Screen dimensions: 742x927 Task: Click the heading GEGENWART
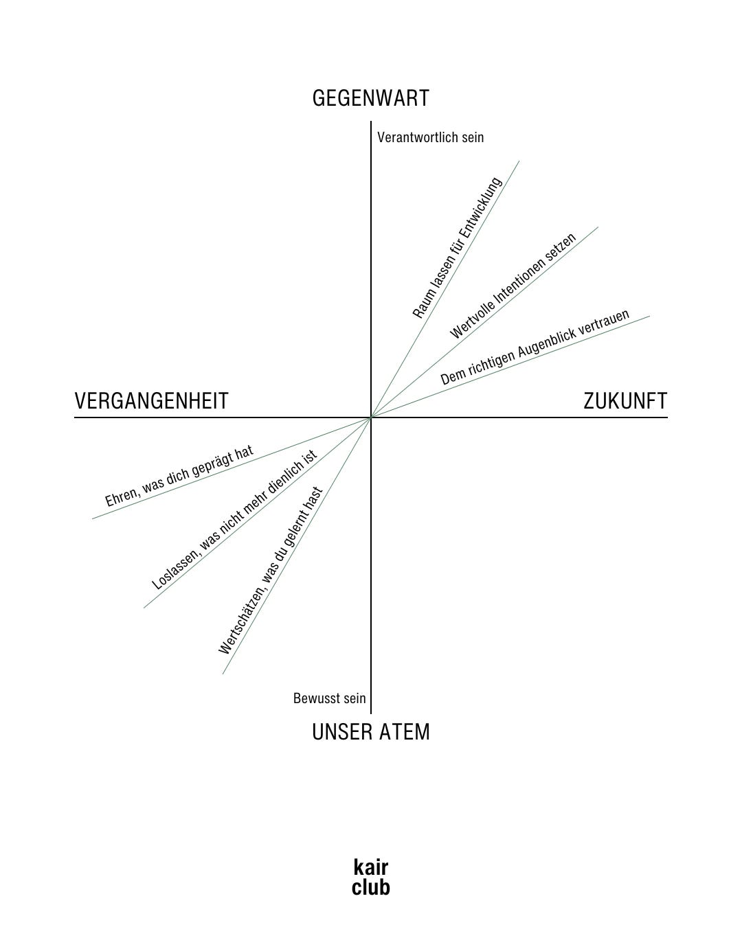(370, 98)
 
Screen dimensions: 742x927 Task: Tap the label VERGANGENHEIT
(151, 401)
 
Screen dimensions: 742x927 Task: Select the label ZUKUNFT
(625, 401)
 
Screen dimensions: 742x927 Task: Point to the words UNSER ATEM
(370, 732)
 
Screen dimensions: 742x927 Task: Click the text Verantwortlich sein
(431, 137)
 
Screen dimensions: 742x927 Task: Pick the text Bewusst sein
(329, 698)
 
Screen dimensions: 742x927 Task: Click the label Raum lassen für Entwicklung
(458, 248)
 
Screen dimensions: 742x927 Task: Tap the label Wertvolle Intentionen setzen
(513, 286)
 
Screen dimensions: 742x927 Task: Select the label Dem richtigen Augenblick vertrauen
(535, 347)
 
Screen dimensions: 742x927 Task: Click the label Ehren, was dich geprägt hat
(179, 476)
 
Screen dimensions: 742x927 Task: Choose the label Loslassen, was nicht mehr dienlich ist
(234, 520)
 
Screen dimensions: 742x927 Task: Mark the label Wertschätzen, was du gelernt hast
(271, 571)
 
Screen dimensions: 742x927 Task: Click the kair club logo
(370, 877)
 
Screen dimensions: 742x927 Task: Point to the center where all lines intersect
(371, 417)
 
